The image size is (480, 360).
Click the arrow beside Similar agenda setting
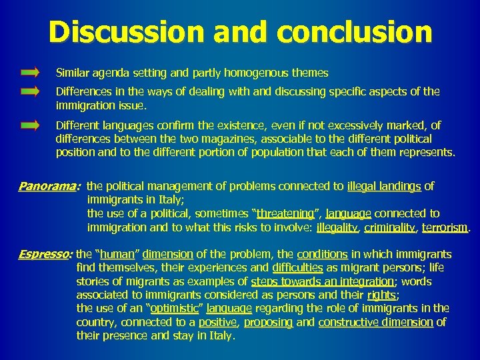(30, 71)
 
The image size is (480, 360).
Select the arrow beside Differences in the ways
(30, 92)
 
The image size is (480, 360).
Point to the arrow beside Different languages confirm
(30, 125)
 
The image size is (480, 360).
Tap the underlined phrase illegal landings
(384, 187)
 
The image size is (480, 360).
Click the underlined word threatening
(285, 213)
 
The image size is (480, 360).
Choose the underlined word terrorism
(445, 227)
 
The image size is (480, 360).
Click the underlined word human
(118, 254)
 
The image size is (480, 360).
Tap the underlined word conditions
(322, 254)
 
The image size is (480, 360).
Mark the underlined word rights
(381, 295)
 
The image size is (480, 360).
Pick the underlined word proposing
(268, 322)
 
